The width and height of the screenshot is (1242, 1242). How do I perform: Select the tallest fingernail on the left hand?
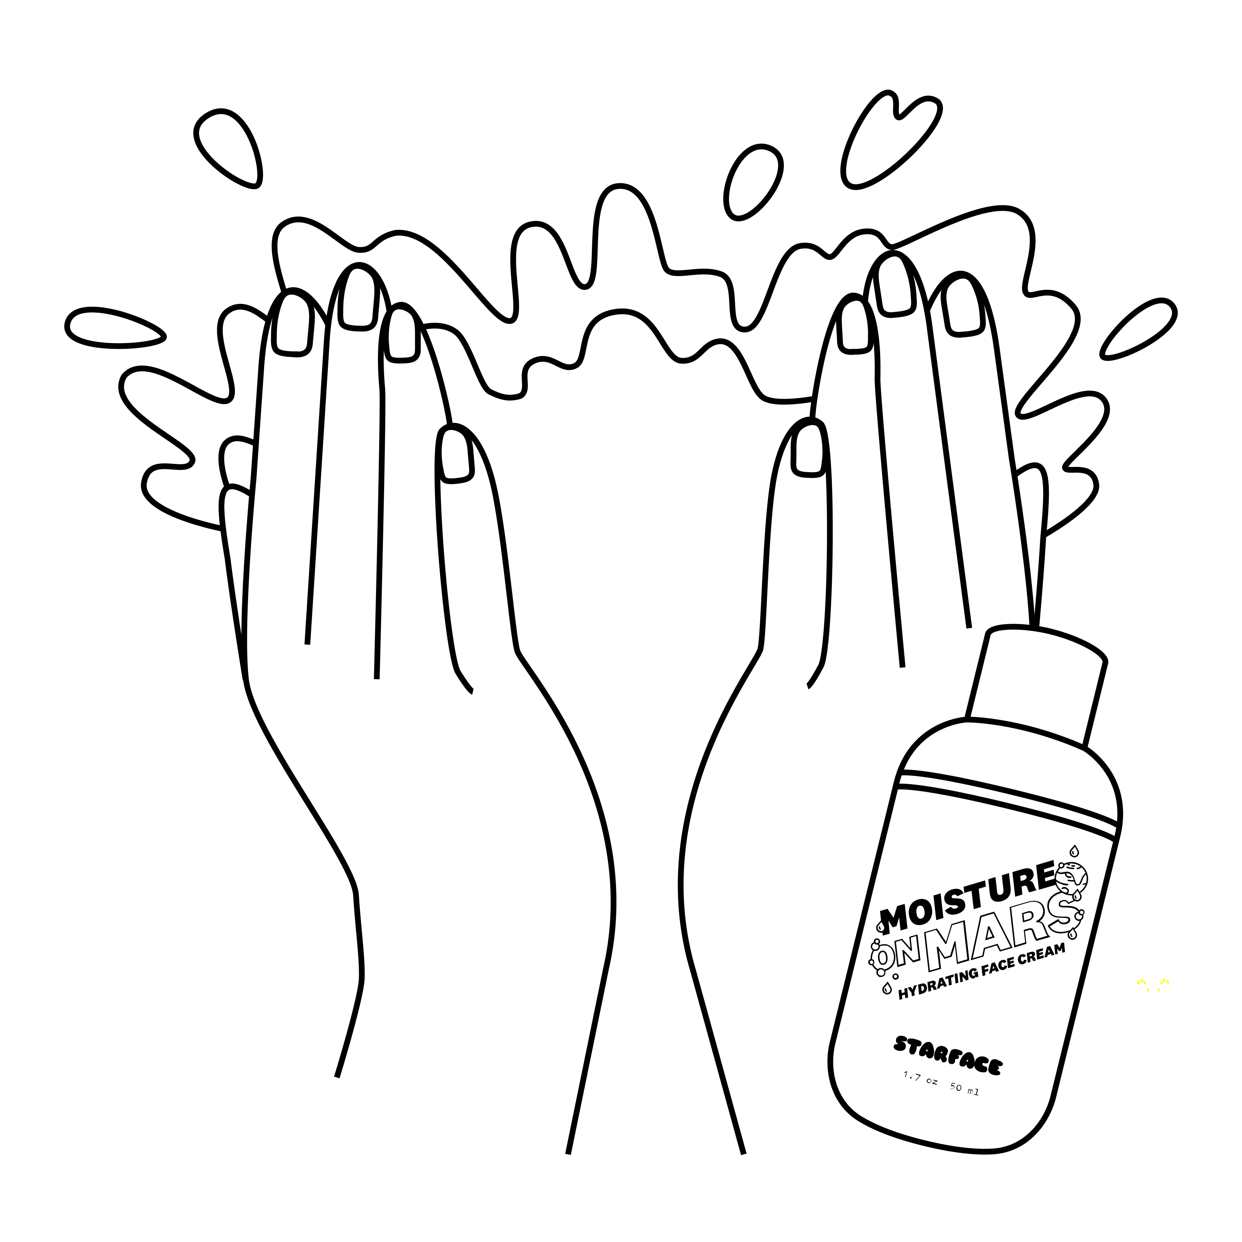pos(358,299)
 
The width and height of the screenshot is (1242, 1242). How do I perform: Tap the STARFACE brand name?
pos(947,1065)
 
